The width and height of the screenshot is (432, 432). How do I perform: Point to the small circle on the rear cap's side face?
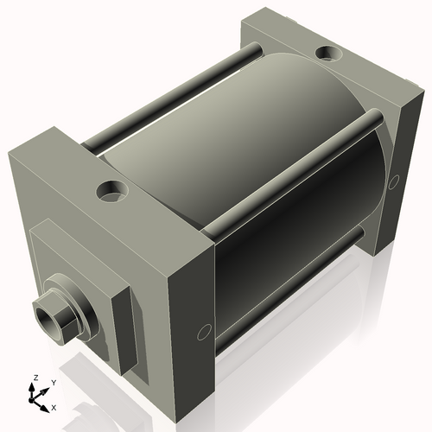click(395, 181)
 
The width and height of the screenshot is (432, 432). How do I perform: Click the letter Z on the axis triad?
click(34, 378)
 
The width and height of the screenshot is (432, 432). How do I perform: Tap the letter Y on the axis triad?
click(53, 382)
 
